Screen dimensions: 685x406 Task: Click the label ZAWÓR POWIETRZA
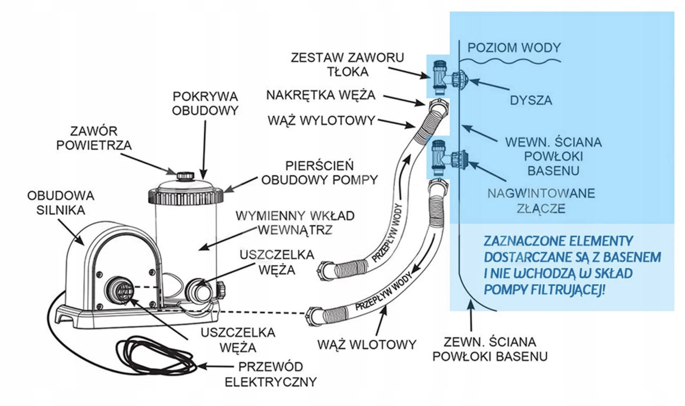(94, 138)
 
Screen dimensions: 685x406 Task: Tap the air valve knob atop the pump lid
(185, 175)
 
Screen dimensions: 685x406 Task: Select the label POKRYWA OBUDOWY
(205, 103)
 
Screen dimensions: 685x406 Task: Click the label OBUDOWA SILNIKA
(61, 203)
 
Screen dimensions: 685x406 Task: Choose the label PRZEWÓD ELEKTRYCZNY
(271, 374)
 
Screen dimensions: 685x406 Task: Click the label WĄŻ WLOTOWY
(366, 344)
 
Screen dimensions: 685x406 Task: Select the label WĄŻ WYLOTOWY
(321, 120)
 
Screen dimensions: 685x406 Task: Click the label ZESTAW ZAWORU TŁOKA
(347, 64)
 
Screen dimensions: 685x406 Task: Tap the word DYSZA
(531, 100)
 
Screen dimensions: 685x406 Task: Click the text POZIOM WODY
(514, 47)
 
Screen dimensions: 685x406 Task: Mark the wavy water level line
(510, 61)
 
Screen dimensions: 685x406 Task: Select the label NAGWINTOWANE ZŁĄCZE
(541, 201)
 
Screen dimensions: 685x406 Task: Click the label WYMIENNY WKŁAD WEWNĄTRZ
(295, 223)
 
